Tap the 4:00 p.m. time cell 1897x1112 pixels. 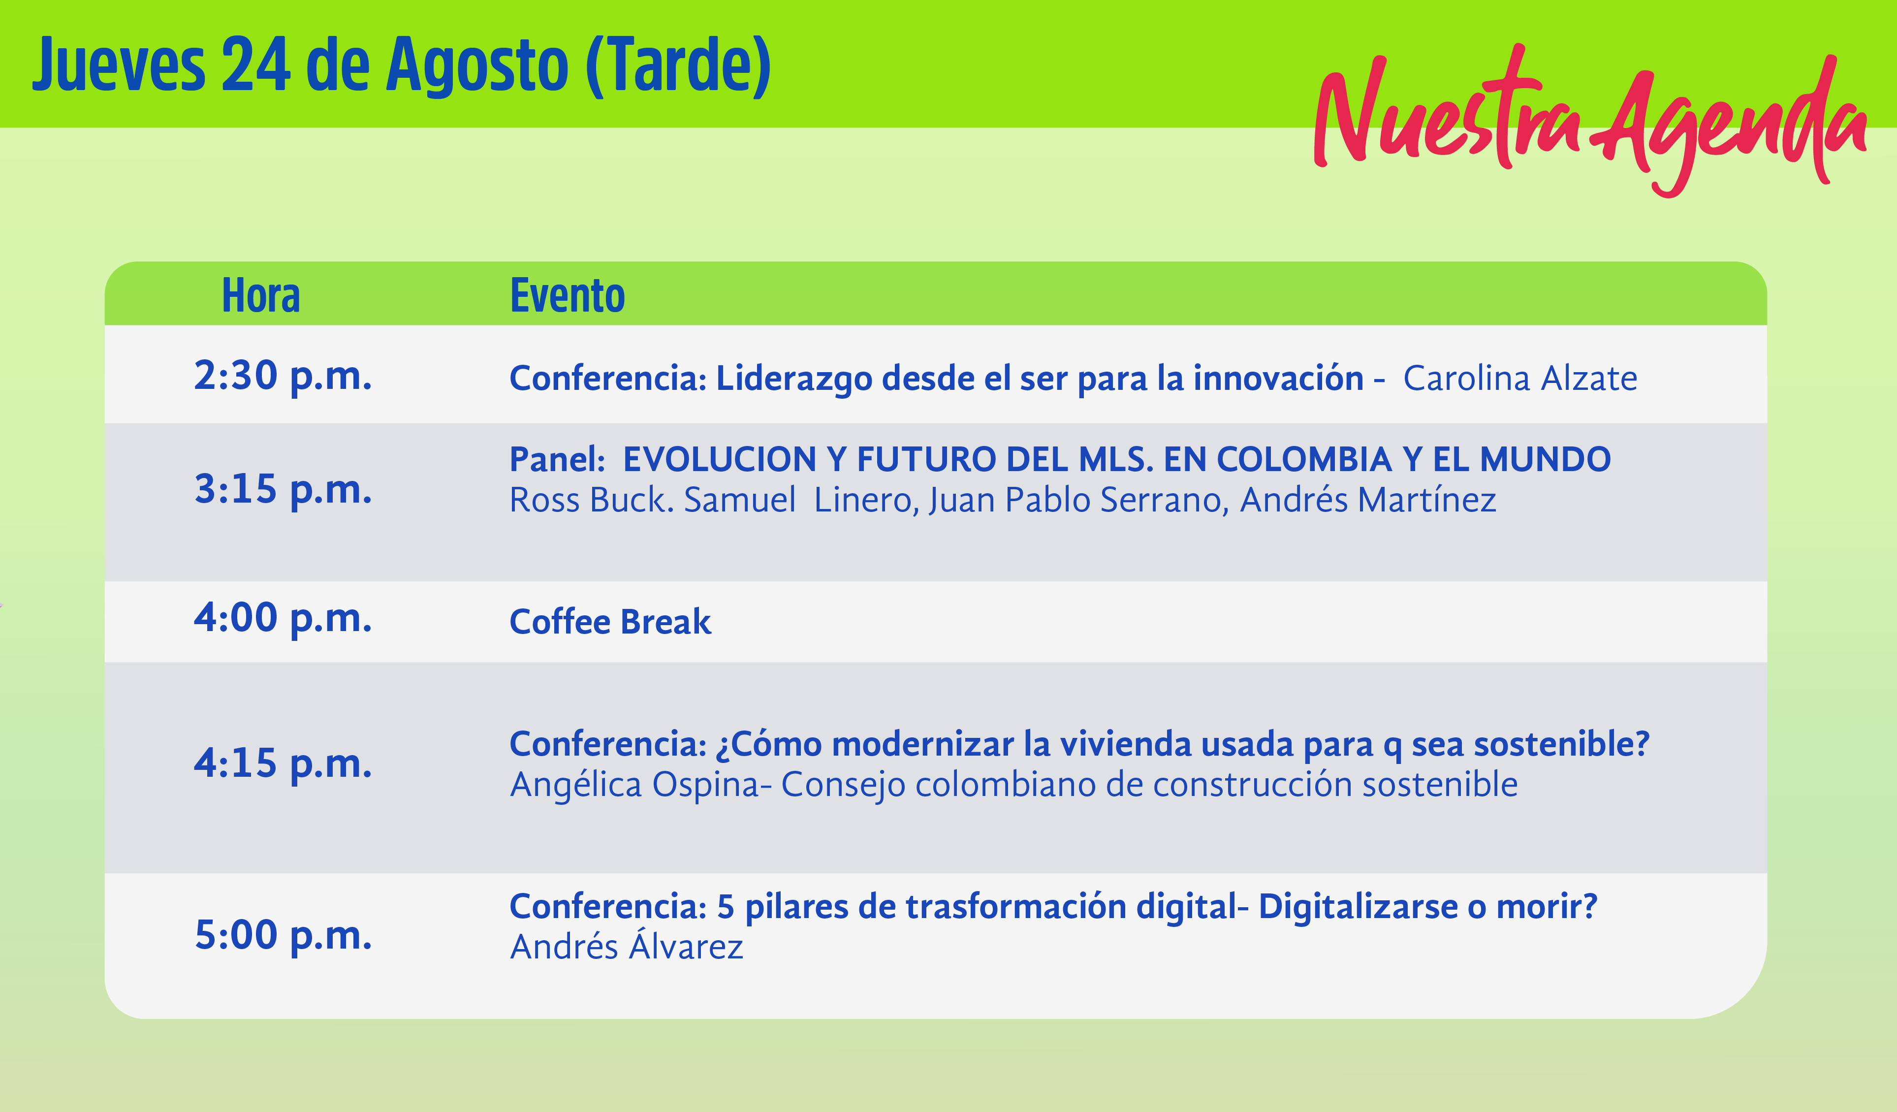(x=283, y=619)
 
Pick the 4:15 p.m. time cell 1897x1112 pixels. (x=283, y=764)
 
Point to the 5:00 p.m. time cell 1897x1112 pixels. (x=283, y=936)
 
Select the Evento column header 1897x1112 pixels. (x=568, y=295)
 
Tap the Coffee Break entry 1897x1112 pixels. (x=610, y=622)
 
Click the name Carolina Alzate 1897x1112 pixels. (x=1520, y=378)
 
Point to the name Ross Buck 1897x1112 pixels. (x=592, y=500)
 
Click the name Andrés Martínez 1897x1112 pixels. (x=1368, y=500)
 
